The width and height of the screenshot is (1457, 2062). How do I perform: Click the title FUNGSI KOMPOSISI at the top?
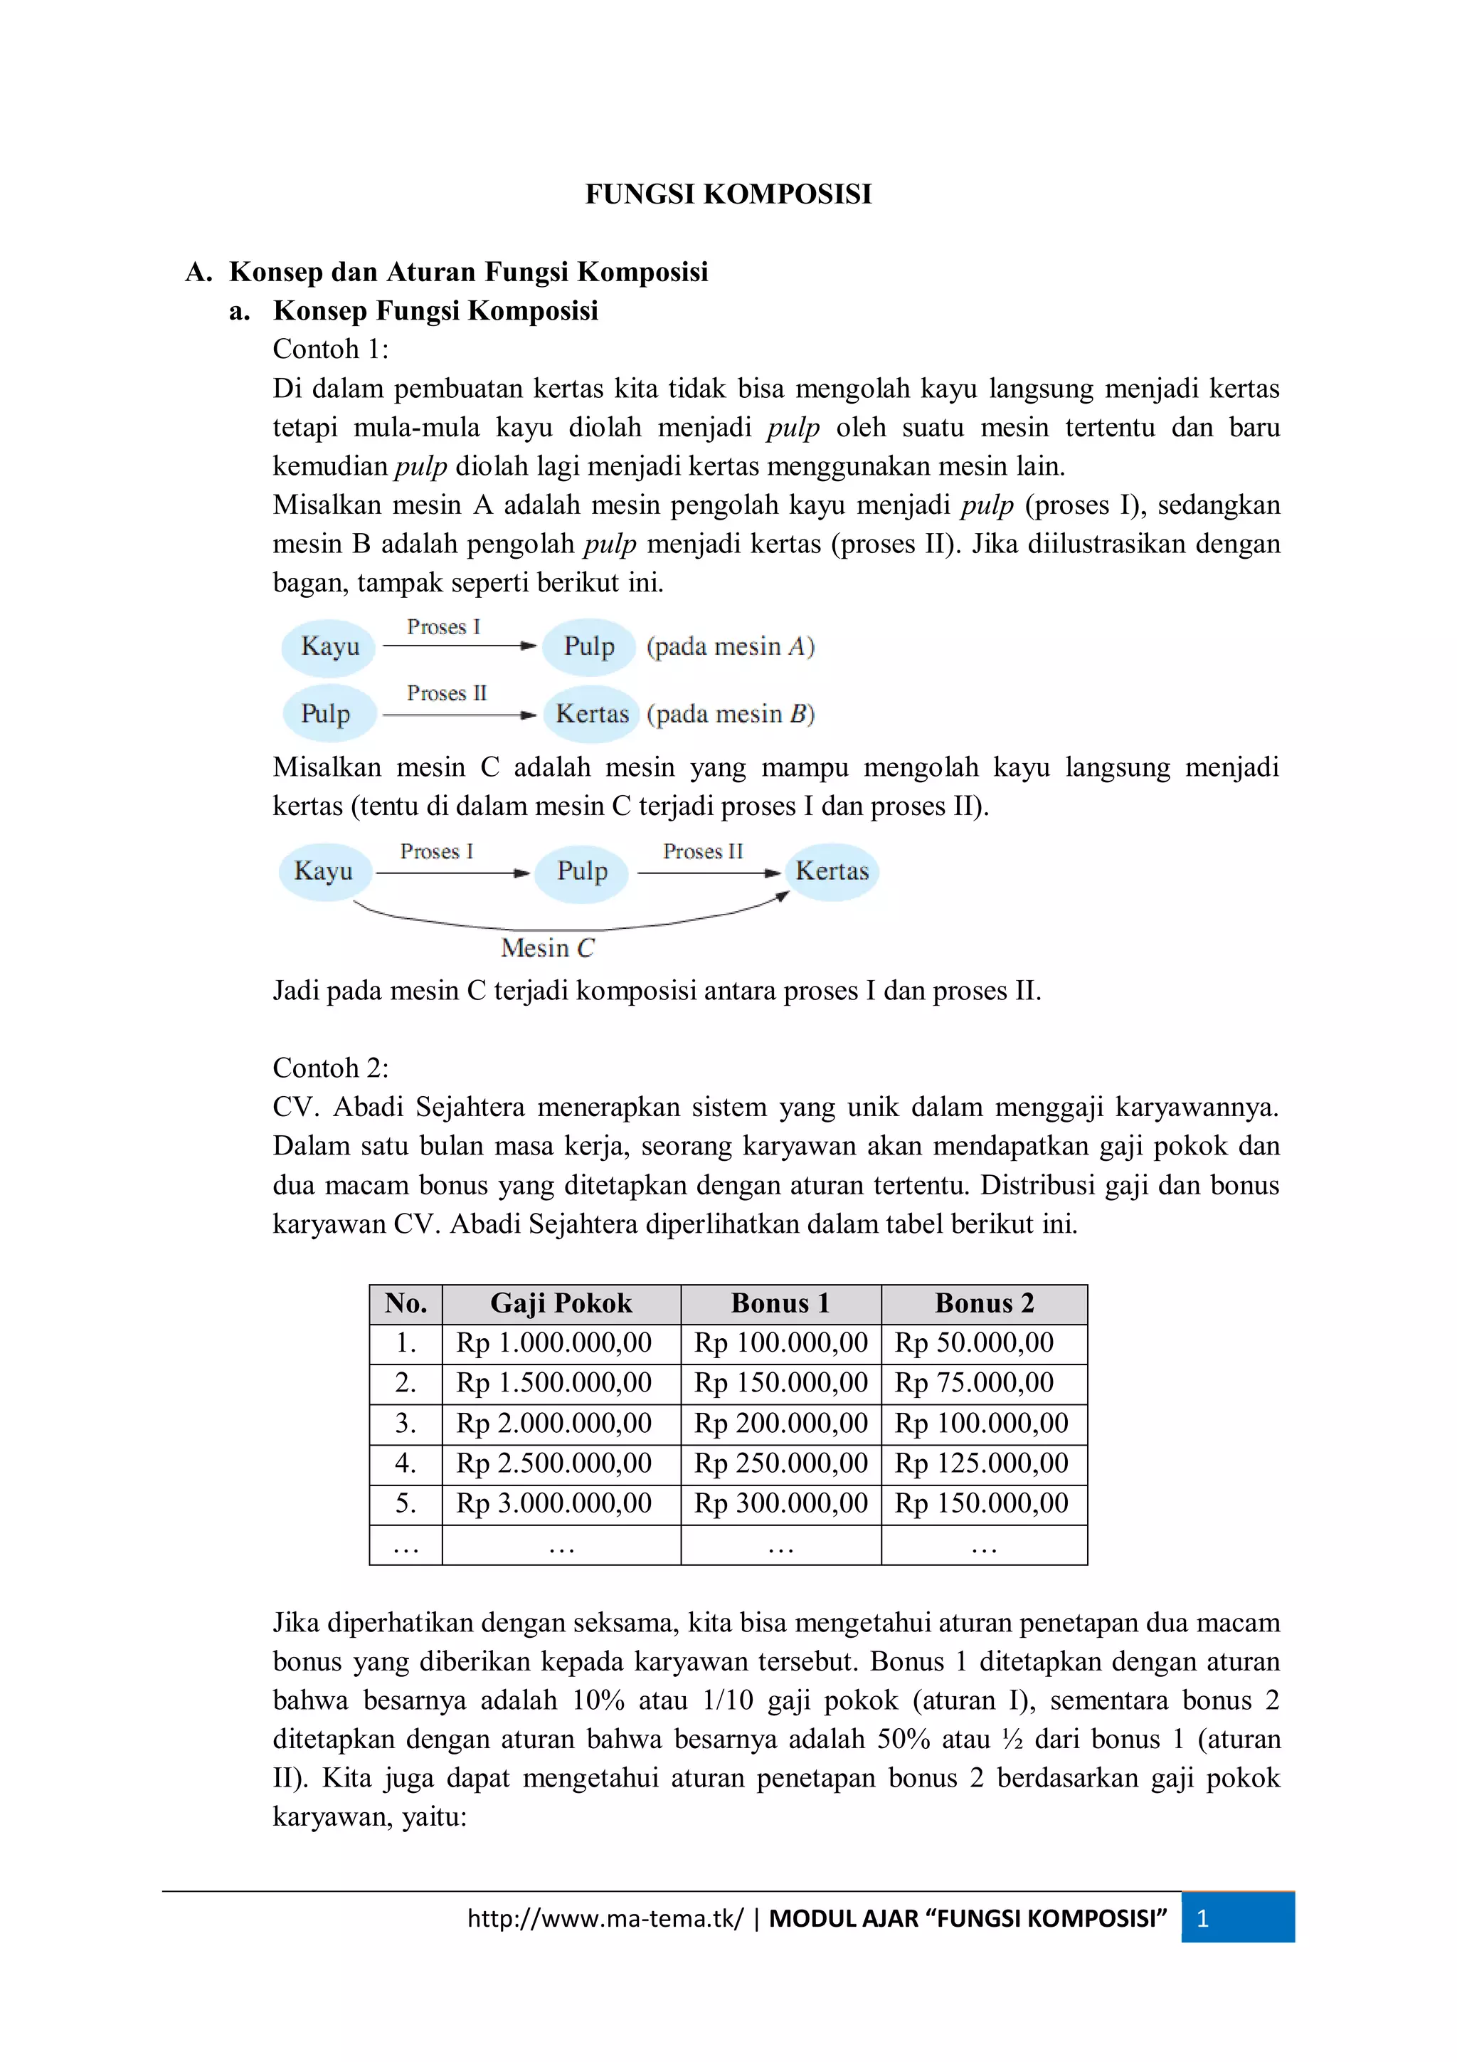click(728, 194)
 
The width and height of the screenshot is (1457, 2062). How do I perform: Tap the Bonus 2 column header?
click(984, 1303)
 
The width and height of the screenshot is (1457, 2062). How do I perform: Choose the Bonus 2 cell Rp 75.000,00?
click(973, 1382)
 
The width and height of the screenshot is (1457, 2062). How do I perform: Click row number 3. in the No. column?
click(405, 1423)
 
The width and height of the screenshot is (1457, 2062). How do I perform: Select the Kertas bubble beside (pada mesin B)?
click(592, 714)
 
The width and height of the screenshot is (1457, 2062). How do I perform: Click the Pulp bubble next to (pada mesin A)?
click(589, 646)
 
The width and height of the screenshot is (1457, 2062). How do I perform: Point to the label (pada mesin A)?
click(730, 646)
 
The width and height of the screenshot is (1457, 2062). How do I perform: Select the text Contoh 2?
click(330, 1068)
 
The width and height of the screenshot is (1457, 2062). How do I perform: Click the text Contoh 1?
click(330, 349)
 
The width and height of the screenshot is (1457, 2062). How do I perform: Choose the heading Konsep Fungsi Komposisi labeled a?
click(435, 311)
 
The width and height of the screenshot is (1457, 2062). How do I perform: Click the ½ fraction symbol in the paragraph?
click(1012, 1740)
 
